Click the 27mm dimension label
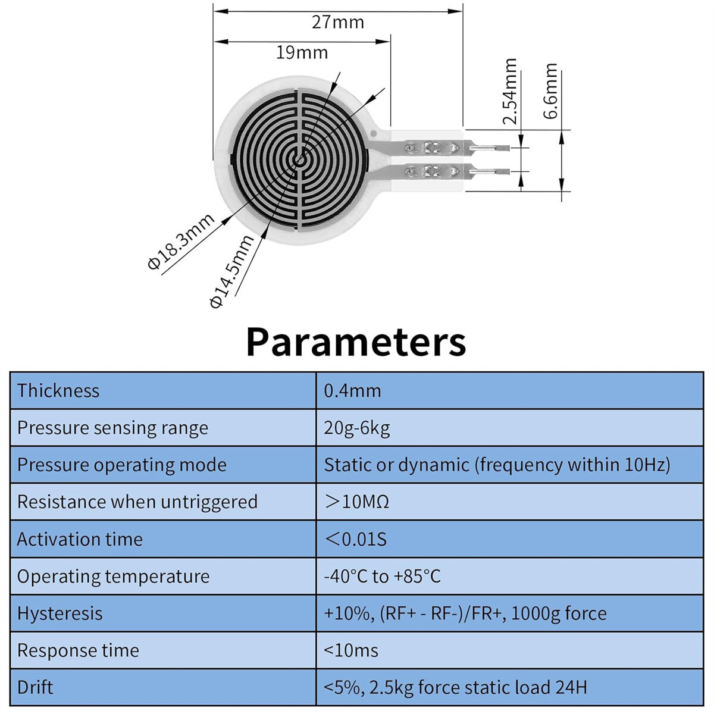(337, 22)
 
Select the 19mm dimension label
(302, 52)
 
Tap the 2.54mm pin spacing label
(510, 91)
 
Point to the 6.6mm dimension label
(550, 91)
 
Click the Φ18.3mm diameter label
(181, 242)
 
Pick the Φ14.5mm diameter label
(231, 271)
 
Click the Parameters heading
(356, 342)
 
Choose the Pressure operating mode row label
(122, 465)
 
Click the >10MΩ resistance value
(357, 502)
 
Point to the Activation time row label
(80, 539)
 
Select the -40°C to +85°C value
(383, 577)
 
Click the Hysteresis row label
(59, 613)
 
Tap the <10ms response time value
(351, 651)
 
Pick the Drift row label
(35, 688)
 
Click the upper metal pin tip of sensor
(502, 148)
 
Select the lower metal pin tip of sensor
(502, 171)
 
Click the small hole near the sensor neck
(374, 133)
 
